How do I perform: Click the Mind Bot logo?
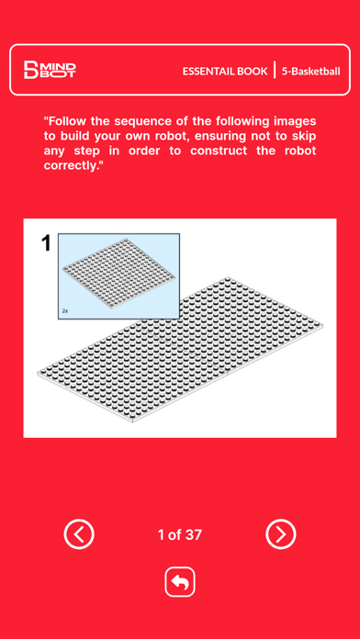tap(50, 70)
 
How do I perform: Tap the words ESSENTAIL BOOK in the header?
tap(225, 72)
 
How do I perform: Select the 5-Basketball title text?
tap(310, 72)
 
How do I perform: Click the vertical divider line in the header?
tap(275, 70)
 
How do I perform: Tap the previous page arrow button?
tap(79, 533)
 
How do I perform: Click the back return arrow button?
tap(180, 582)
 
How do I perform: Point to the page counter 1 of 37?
tap(180, 534)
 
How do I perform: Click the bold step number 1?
tap(47, 243)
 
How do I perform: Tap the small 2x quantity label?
tap(65, 311)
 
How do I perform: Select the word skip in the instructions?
tap(303, 137)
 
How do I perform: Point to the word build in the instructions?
tap(76, 136)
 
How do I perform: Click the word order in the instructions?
tap(143, 151)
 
